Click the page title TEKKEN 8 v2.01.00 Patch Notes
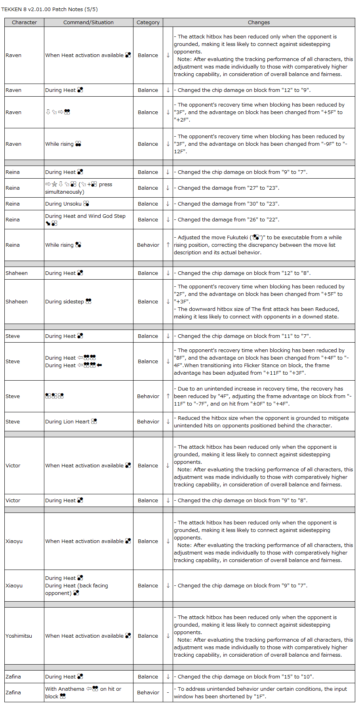click(x=49, y=10)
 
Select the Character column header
click(x=24, y=23)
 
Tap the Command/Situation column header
click(x=88, y=23)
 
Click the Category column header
click(x=148, y=23)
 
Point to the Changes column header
click(x=259, y=23)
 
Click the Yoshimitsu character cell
click(x=19, y=636)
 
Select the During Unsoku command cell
click(x=67, y=204)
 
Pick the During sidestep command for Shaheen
click(x=68, y=301)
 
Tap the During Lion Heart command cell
click(x=71, y=421)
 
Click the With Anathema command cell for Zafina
click(x=83, y=692)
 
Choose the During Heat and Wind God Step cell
click(x=85, y=219)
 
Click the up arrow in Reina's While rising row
click(x=168, y=245)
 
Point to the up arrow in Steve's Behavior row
click(x=168, y=396)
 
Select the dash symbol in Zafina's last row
click(x=168, y=692)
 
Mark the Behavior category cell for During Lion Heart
click(x=148, y=421)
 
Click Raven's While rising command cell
click(x=63, y=144)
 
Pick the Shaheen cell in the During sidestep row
click(x=17, y=301)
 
